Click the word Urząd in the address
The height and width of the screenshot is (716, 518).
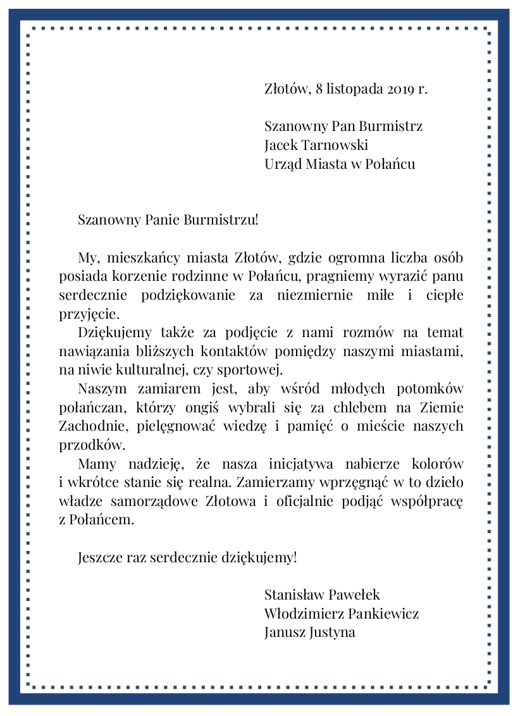click(x=283, y=164)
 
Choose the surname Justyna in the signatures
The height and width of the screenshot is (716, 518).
click(x=332, y=632)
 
